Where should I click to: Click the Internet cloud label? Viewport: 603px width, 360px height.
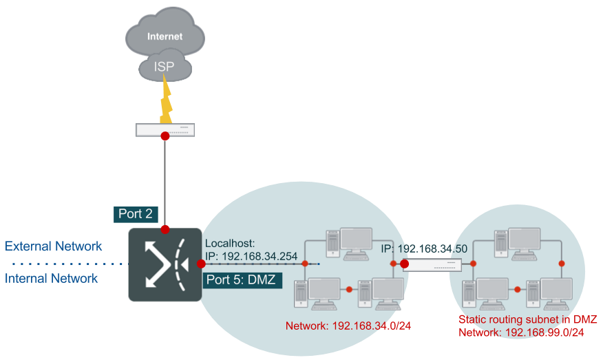click(x=165, y=36)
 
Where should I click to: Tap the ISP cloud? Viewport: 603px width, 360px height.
click(x=165, y=66)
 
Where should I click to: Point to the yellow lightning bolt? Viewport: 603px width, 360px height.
click(x=166, y=99)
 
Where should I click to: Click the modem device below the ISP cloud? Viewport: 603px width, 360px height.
click(x=165, y=130)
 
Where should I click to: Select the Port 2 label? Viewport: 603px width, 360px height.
click(x=136, y=214)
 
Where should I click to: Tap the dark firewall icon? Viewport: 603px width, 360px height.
click(x=165, y=264)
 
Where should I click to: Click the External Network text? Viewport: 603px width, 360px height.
click(x=53, y=246)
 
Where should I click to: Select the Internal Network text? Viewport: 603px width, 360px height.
click(x=51, y=278)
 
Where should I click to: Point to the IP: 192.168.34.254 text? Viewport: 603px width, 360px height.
click(x=251, y=256)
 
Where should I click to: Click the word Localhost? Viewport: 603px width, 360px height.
click(x=230, y=243)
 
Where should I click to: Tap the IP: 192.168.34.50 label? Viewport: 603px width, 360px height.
click(x=424, y=249)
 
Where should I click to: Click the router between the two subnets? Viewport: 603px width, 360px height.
click(x=432, y=265)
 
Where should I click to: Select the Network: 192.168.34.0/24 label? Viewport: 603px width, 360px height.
click(x=348, y=326)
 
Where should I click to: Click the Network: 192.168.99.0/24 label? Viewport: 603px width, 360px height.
click(x=521, y=332)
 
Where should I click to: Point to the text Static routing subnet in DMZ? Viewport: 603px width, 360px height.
click(x=527, y=319)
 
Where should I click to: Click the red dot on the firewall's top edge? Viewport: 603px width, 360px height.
click(x=165, y=230)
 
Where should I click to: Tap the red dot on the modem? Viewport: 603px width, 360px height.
click(x=165, y=136)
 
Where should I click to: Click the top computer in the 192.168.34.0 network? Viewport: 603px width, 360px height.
click(x=349, y=244)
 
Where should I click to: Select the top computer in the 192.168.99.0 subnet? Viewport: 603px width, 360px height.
click(x=517, y=244)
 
